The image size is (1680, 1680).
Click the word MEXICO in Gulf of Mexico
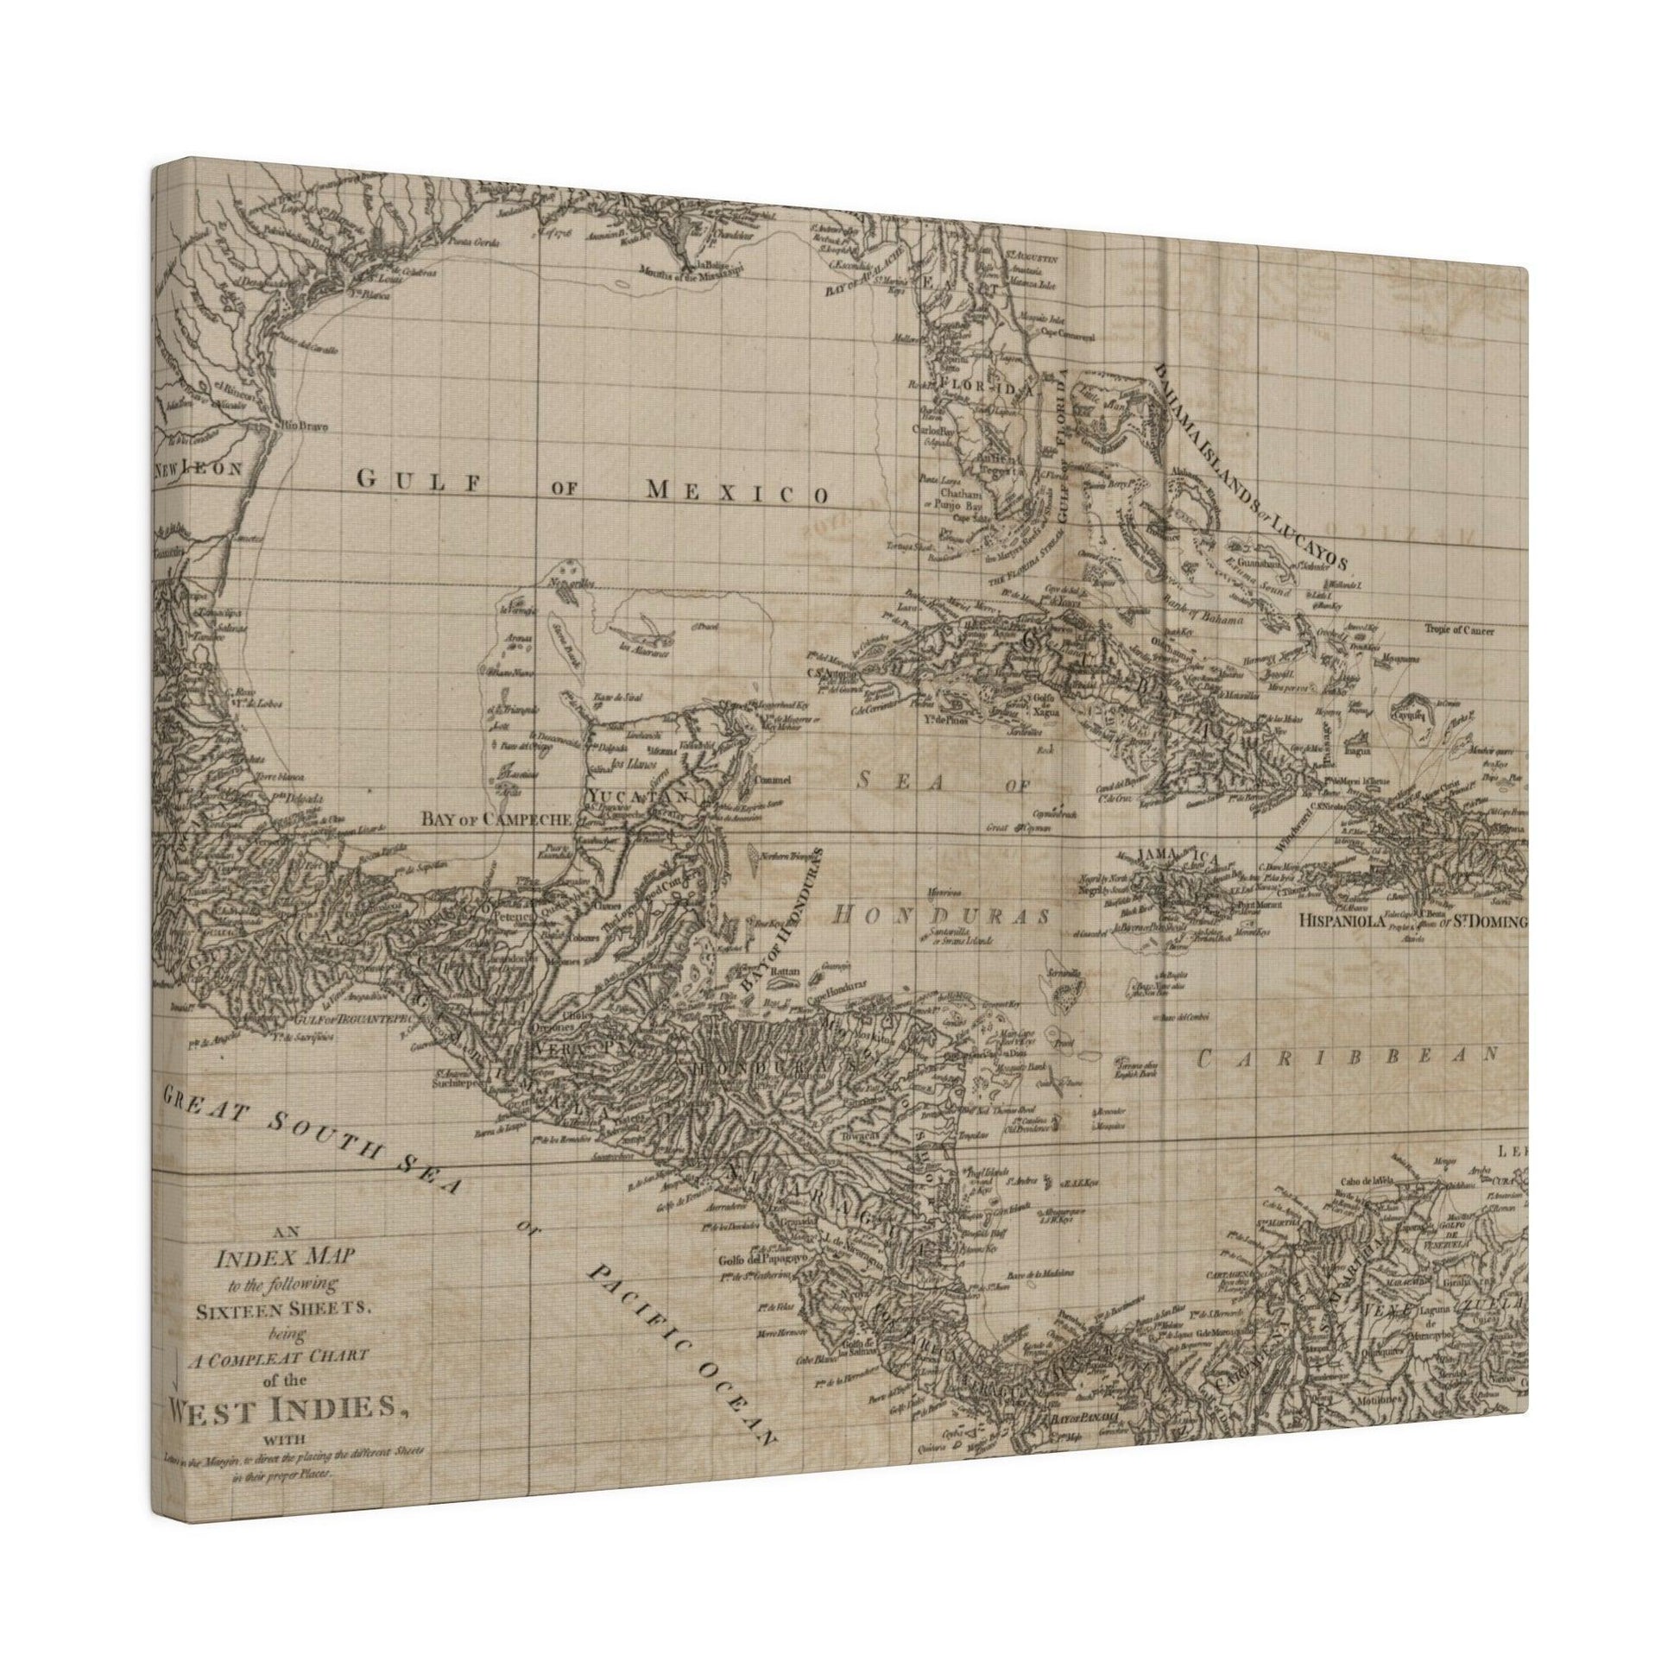736,493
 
